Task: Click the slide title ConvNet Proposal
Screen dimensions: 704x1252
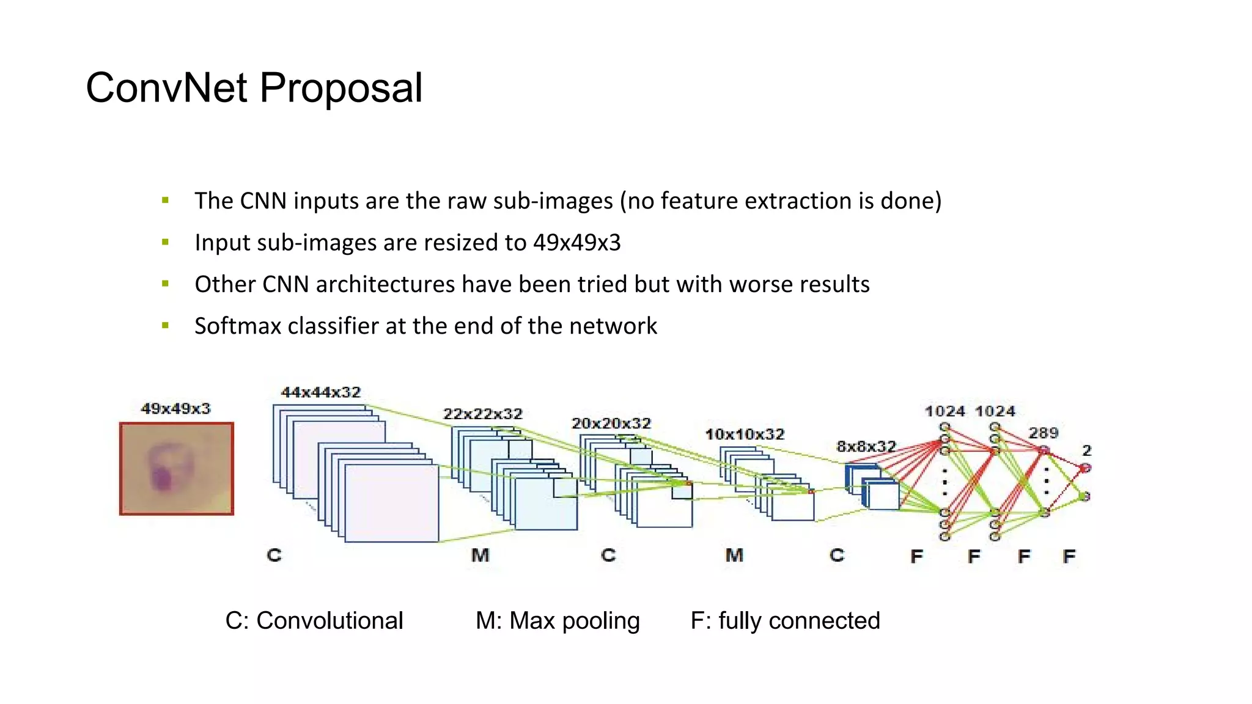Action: (254, 88)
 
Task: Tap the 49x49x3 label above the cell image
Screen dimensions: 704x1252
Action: (175, 408)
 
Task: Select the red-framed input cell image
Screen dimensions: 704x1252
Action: (176, 468)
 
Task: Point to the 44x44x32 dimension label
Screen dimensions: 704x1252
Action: (320, 392)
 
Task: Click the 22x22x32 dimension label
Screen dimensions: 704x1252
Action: (482, 414)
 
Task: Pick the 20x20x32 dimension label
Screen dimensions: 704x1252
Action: (611, 424)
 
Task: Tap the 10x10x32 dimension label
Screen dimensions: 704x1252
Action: (744, 435)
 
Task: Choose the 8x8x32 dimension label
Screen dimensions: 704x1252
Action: (866, 447)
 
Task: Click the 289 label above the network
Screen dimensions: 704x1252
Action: (1043, 433)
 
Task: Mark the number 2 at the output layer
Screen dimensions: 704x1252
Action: (1086, 451)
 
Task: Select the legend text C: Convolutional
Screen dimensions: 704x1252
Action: (314, 621)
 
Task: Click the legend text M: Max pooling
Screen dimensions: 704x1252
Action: (558, 621)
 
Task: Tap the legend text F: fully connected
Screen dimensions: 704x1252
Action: (785, 621)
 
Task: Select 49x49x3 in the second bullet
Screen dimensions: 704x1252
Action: (576, 243)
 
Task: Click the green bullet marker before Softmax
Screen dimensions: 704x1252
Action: (165, 326)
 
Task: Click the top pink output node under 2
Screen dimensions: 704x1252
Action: (1085, 468)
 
